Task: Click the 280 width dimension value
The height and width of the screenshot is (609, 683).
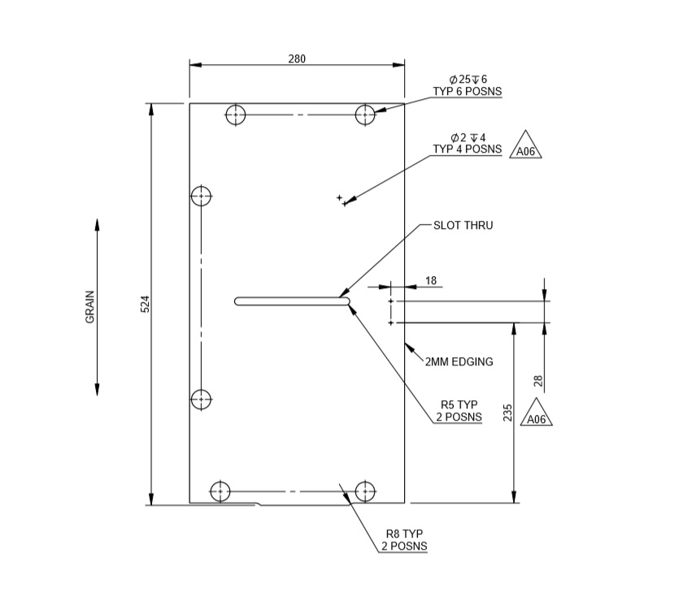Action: pyautogui.click(x=297, y=58)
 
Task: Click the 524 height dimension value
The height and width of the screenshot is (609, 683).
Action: pyautogui.click(x=146, y=304)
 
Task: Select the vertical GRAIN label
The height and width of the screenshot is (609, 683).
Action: pyautogui.click(x=90, y=307)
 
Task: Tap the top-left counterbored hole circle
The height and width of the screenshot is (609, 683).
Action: pyautogui.click(x=236, y=114)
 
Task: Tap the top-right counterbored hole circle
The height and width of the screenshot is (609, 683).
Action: pyautogui.click(x=366, y=114)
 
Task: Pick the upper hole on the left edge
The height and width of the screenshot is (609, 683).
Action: pyautogui.click(x=201, y=196)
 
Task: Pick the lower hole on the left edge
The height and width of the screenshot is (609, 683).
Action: pyautogui.click(x=201, y=400)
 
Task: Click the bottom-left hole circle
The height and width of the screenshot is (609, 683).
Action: pyautogui.click(x=220, y=491)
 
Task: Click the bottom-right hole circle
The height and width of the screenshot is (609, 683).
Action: pyautogui.click(x=365, y=491)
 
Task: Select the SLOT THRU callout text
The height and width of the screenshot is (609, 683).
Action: pyautogui.click(x=463, y=225)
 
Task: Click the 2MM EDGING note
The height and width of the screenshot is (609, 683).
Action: pyautogui.click(x=459, y=362)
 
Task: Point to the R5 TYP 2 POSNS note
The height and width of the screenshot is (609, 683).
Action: pyautogui.click(x=460, y=411)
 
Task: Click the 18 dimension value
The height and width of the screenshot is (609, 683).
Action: pyautogui.click(x=431, y=281)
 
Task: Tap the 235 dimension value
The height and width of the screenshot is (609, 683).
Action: pyautogui.click(x=508, y=413)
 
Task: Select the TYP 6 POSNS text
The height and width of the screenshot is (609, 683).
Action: pyautogui.click(x=468, y=91)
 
